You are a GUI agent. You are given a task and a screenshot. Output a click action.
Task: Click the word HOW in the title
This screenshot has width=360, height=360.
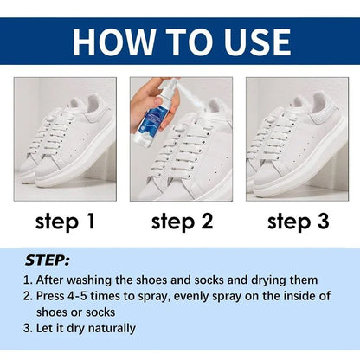tap(110, 42)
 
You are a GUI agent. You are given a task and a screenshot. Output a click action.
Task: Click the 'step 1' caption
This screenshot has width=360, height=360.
tap(66, 222)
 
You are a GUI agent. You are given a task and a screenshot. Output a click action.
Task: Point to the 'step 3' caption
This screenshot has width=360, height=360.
tap(298, 222)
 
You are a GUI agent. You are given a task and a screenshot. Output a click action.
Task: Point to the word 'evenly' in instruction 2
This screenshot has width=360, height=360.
tap(204, 296)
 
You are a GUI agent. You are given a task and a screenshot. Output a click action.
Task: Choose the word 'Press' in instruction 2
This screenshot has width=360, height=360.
tap(54, 296)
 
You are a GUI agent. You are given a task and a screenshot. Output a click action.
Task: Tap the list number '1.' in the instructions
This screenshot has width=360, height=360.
tap(29, 280)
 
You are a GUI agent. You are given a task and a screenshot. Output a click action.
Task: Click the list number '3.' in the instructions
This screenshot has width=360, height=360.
tap(29, 328)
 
